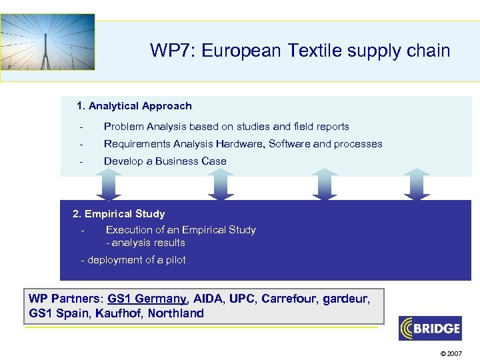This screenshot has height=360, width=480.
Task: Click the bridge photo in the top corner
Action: pyautogui.click(x=48, y=41)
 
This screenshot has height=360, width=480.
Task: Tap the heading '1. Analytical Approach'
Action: pyautogui.click(x=134, y=106)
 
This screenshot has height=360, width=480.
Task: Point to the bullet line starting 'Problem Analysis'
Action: pyautogui.click(x=226, y=127)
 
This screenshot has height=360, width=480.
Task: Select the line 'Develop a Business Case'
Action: pyautogui.click(x=165, y=161)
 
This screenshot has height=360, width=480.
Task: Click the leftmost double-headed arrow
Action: pyautogui.click(x=109, y=184)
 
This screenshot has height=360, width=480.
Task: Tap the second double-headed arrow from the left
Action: pyautogui.click(x=221, y=184)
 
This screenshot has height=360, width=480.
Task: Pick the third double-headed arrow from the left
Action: pyautogui.click(x=325, y=184)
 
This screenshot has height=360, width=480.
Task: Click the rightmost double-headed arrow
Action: pyautogui.click(x=417, y=184)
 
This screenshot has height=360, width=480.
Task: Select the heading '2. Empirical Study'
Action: pyautogui.click(x=119, y=214)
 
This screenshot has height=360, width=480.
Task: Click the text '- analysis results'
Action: pyautogui.click(x=145, y=243)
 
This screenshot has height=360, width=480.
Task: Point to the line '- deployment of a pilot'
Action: pyautogui.click(x=133, y=260)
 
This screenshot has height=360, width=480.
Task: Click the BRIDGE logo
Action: pyautogui.click(x=430, y=328)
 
